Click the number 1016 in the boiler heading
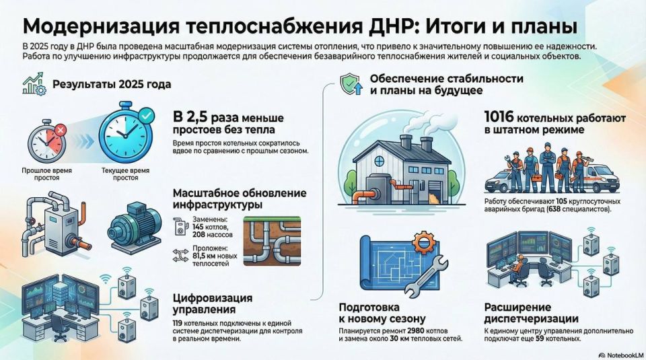499,118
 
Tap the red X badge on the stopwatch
60,131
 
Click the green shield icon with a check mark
351,84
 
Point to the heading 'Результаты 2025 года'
112,84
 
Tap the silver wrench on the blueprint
427,277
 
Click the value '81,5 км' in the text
202,256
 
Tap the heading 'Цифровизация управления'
213,303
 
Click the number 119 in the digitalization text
178,324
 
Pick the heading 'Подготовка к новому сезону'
382,313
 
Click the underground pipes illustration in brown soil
272,242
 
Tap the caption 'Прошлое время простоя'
46,174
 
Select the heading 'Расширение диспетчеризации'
531,313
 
